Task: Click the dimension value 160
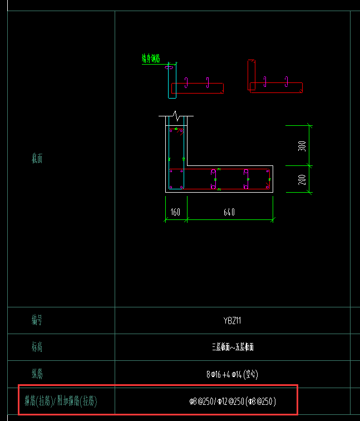(x=175, y=212)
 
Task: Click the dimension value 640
(x=229, y=212)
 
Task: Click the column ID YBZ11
(x=232, y=320)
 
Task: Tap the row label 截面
(x=37, y=159)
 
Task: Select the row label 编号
(x=37, y=320)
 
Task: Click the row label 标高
(x=37, y=347)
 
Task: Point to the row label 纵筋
(x=37, y=374)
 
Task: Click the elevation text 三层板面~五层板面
(x=232, y=347)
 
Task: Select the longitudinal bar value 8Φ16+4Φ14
(x=232, y=374)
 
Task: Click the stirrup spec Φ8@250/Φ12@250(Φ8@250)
(x=232, y=400)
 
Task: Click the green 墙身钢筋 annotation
(x=151, y=58)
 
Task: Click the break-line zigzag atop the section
(x=176, y=116)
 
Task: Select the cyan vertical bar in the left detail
(x=172, y=84)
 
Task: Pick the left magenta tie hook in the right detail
(x=265, y=82)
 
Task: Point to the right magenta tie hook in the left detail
(x=208, y=82)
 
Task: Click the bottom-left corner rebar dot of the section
(x=171, y=187)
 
